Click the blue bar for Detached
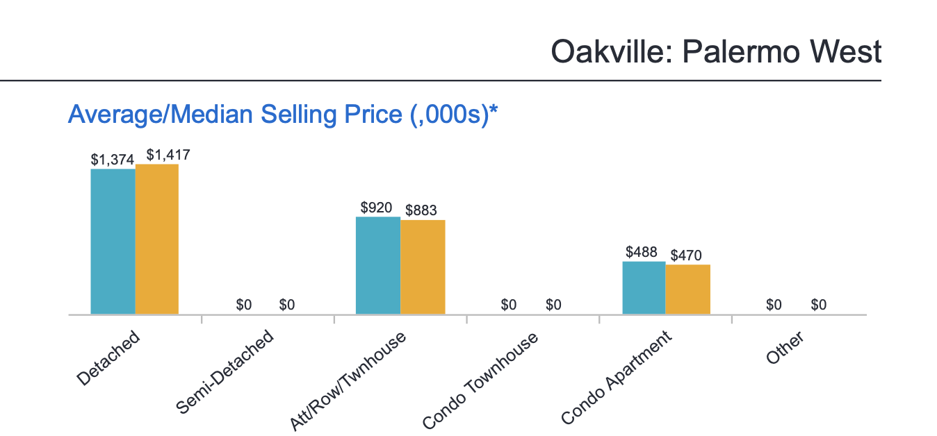(x=113, y=242)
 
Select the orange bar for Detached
(x=157, y=240)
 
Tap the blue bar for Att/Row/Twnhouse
(x=378, y=265)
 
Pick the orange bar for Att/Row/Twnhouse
(x=423, y=267)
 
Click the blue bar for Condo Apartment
(x=644, y=288)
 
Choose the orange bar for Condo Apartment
(x=688, y=290)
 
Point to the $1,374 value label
(x=113, y=159)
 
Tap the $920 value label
(x=377, y=207)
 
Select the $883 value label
(x=421, y=210)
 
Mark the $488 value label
(x=642, y=251)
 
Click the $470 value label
(x=686, y=255)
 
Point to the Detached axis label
(x=109, y=358)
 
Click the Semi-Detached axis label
(x=225, y=374)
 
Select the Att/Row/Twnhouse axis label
(x=348, y=381)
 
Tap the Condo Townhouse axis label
(x=480, y=380)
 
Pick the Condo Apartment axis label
(x=617, y=378)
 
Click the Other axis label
(x=785, y=347)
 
